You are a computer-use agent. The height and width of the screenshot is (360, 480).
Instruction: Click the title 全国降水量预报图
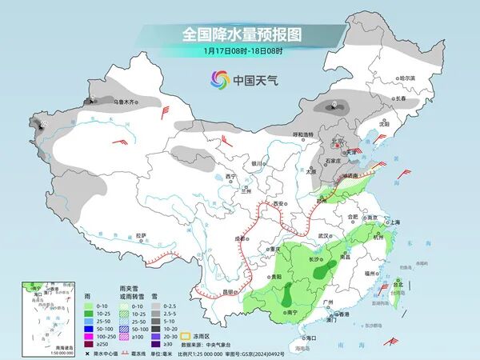239,34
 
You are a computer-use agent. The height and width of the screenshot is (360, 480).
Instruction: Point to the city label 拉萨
141,235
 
